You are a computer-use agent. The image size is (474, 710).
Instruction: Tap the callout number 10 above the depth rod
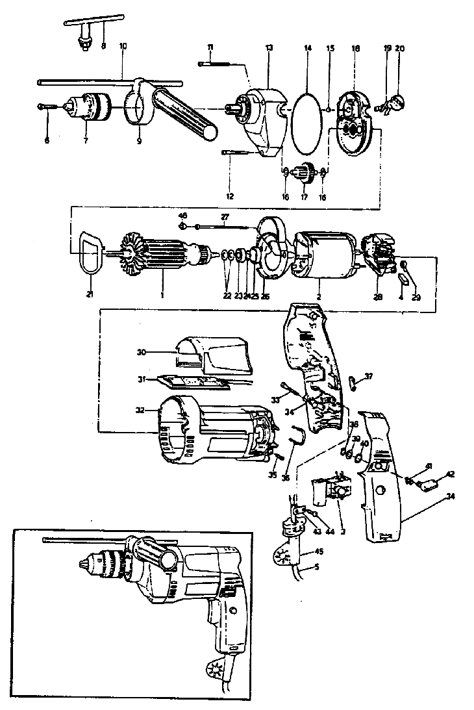tap(123, 47)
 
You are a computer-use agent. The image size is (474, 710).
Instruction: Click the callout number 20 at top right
tap(399, 47)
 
